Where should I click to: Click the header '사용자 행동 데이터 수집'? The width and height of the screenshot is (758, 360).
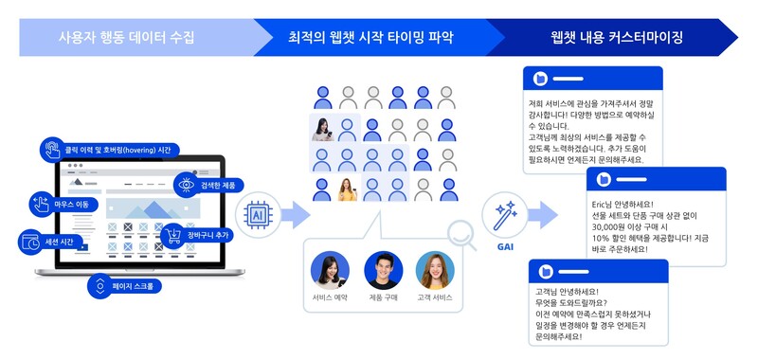click(127, 38)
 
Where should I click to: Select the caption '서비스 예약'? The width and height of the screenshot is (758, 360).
click(330, 297)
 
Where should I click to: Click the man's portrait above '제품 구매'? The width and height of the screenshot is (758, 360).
click(383, 268)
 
